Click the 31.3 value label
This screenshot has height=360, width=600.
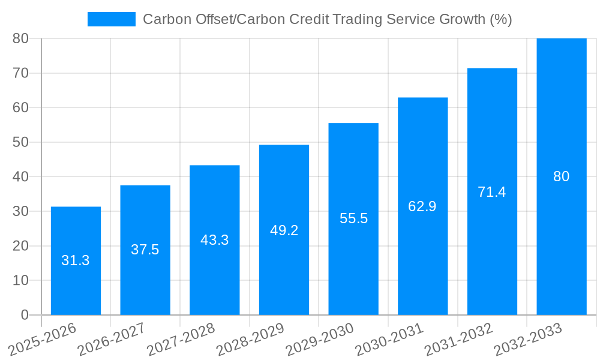pos(76,260)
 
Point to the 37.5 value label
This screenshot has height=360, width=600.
pos(145,250)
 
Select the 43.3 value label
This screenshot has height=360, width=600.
pos(214,240)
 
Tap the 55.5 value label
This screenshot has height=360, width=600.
pos(353,218)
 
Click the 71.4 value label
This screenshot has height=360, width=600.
pos(492,192)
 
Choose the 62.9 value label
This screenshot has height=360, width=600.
pos(422,206)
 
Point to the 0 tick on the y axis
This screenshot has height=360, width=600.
pos(25,315)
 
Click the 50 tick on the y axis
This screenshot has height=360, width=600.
pos(20,142)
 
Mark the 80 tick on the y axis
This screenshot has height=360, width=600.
pos(20,38)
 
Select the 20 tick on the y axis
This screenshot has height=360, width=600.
pos(20,246)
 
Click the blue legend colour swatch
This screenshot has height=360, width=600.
pos(112,19)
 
